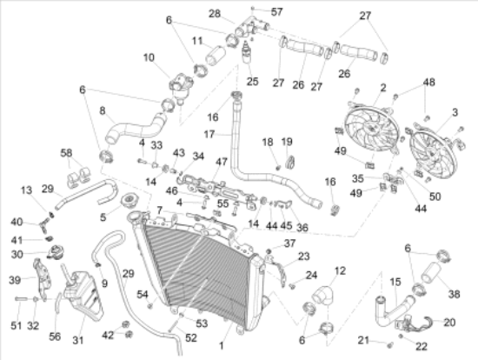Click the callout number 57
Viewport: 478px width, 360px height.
[x=276, y=12]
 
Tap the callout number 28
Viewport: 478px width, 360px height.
[x=215, y=14]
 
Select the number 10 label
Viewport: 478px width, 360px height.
[x=149, y=57]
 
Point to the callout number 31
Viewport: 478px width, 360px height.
[x=77, y=339]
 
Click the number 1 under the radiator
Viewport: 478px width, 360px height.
[x=222, y=346]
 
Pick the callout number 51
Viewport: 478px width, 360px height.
[x=16, y=325]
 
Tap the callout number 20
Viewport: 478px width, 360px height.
[x=449, y=322]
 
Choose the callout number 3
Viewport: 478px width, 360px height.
[x=455, y=112]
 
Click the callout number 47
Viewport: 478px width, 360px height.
[x=222, y=162]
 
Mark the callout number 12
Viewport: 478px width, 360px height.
[x=340, y=270]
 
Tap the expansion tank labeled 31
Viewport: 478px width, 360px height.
[x=83, y=295]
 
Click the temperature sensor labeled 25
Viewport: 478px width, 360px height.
[x=246, y=52]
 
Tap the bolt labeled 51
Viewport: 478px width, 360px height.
[x=22, y=298]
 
